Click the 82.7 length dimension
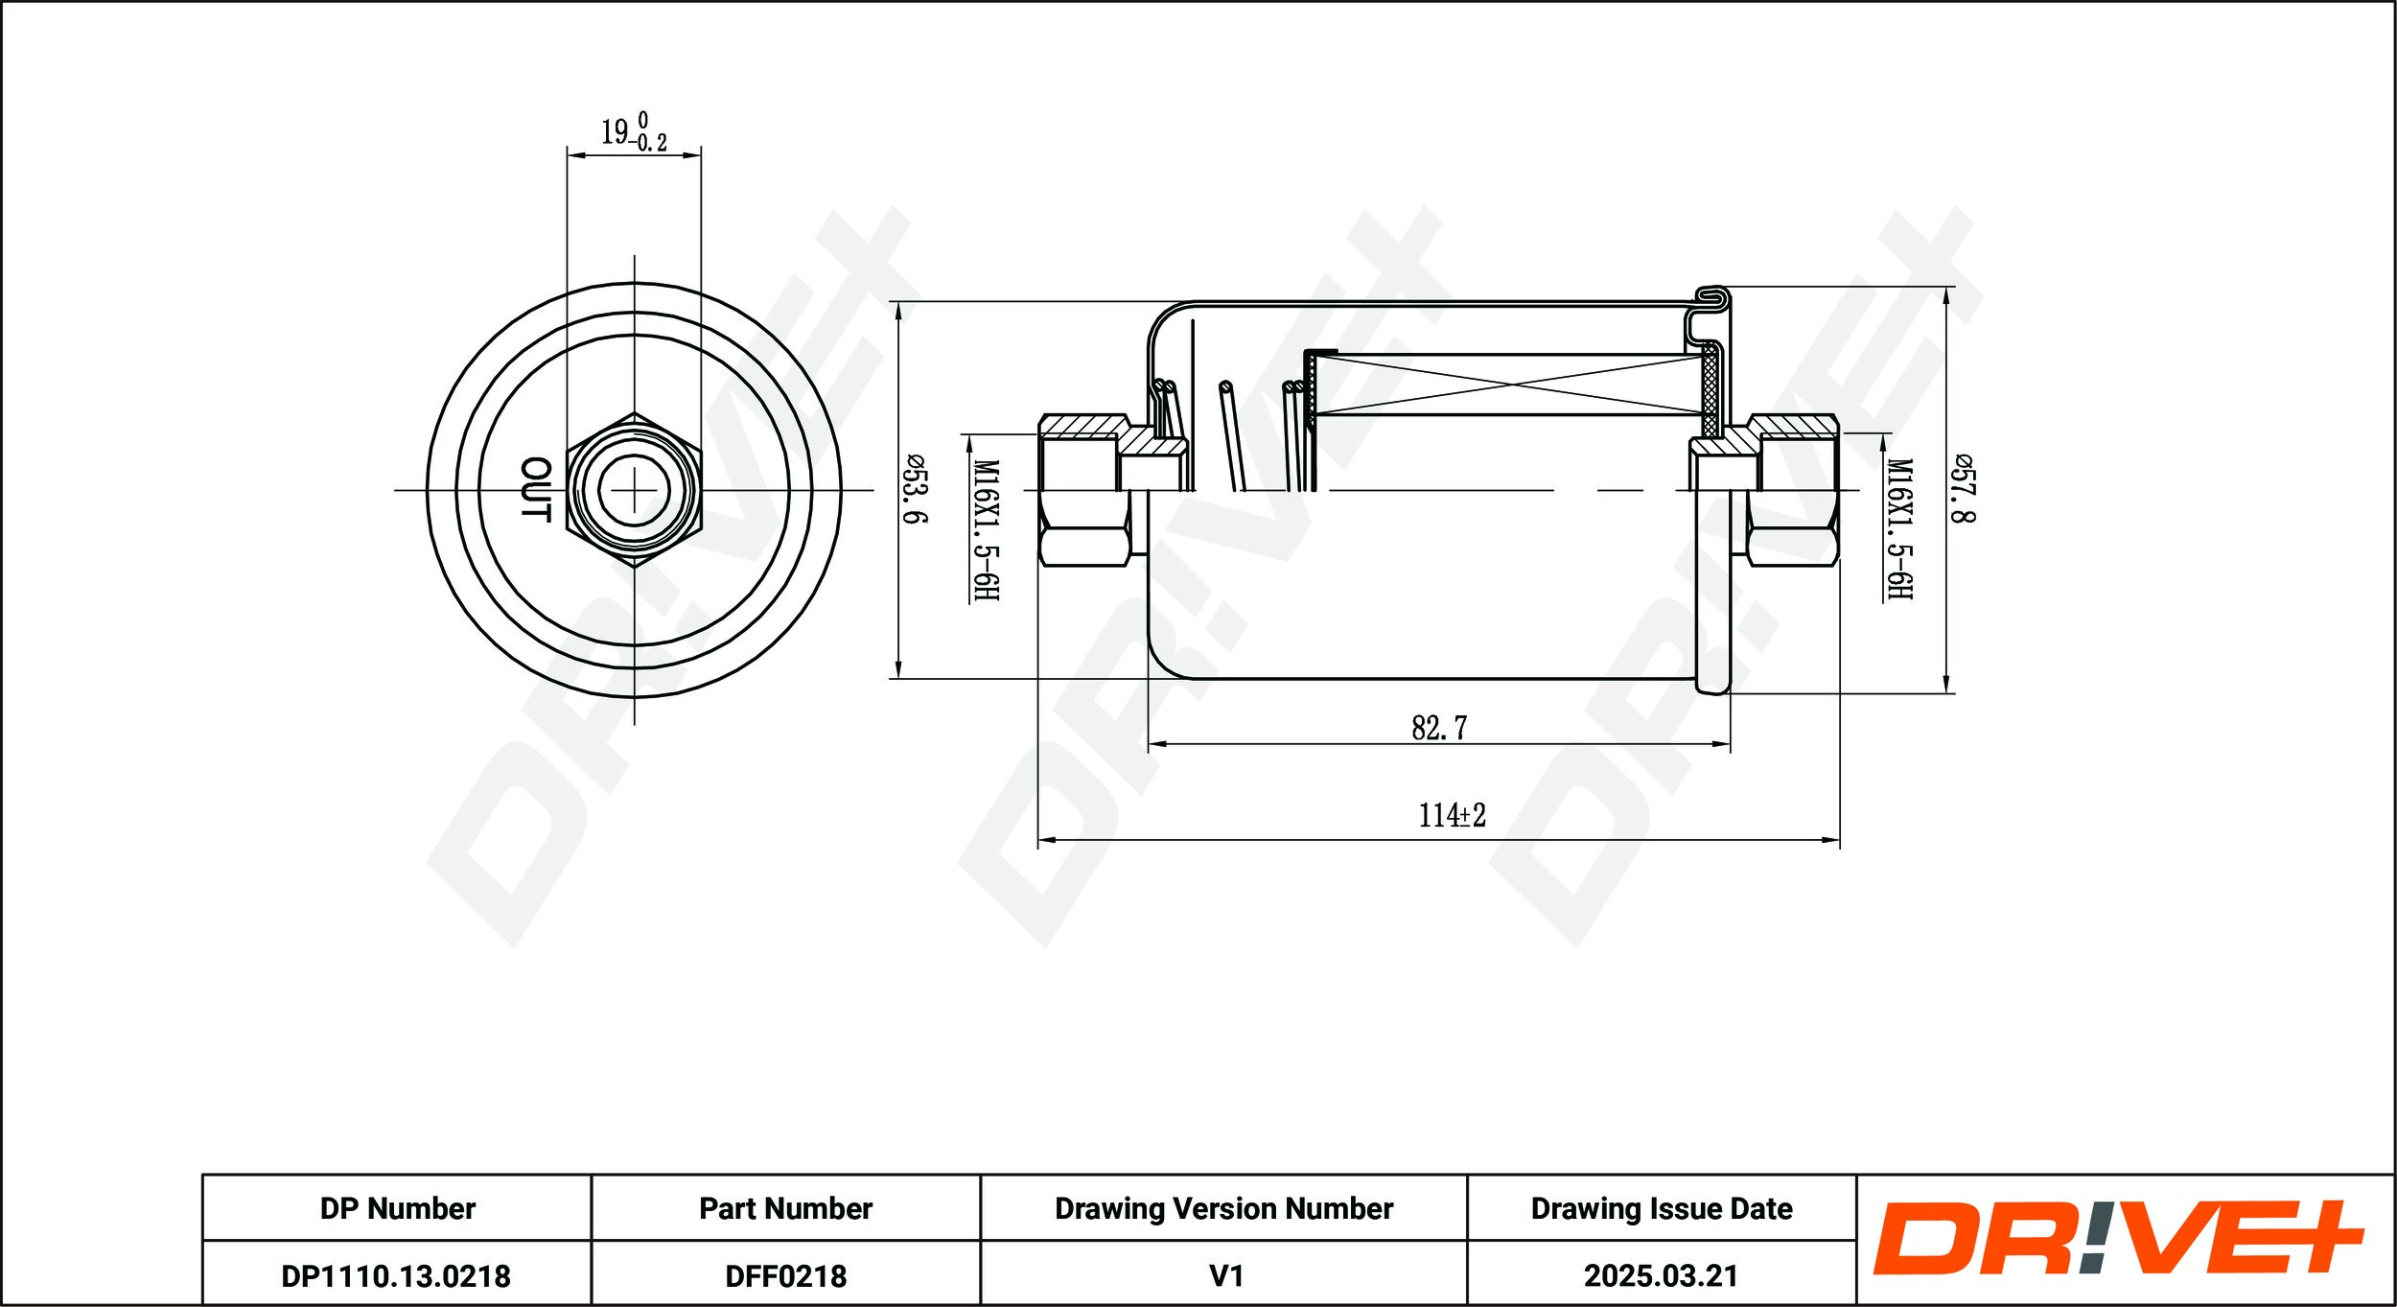click(1438, 728)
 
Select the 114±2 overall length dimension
click(1452, 815)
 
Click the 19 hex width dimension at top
click(633, 133)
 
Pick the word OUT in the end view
click(536, 489)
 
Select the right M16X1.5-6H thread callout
click(1900, 529)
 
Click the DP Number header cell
click(397, 1208)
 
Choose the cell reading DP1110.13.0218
click(396, 1276)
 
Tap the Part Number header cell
click(785, 1208)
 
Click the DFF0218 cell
click(785, 1276)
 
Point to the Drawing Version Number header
click(1223, 1208)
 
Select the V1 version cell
click(1225, 1276)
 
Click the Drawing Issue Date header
click(1661, 1208)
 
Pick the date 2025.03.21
click(1661, 1276)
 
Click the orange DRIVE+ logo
click(2117, 1239)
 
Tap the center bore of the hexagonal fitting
click(634, 490)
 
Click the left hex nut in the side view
click(1084, 490)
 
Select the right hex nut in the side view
click(1792, 490)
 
